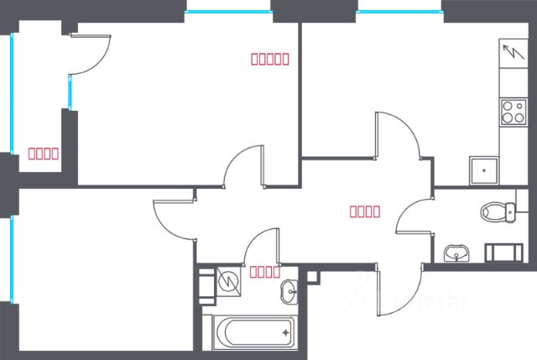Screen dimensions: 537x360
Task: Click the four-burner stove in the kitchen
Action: [512, 112]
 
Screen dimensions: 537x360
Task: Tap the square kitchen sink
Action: [482, 171]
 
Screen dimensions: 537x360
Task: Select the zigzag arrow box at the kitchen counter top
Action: [510, 53]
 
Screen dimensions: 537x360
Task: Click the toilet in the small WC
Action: [498, 211]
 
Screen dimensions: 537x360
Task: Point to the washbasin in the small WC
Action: [456, 252]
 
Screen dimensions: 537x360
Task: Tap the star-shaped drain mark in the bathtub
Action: [286, 333]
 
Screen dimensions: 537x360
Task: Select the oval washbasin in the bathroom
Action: [289, 291]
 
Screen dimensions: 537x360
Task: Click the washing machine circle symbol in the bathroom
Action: [227, 279]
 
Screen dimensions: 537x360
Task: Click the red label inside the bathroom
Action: [264, 271]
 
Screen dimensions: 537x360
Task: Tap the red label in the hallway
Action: [365, 211]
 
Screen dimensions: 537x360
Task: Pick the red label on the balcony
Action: [43, 153]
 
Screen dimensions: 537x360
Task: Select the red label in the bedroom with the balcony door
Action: [270, 59]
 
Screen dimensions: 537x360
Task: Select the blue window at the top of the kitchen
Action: [399, 11]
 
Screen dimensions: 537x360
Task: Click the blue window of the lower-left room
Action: [13, 259]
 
